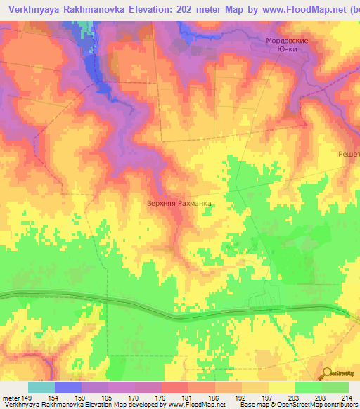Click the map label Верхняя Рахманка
(179, 204)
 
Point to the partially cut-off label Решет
(349, 154)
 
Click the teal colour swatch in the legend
(41, 387)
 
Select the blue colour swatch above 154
(68, 387)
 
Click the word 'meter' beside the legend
(11, 397)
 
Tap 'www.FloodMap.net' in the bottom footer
(191, 405)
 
